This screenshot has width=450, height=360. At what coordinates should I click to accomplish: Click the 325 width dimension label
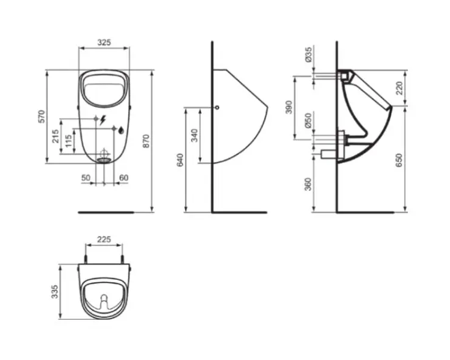pos(104,43)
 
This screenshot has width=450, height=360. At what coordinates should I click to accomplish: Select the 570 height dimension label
pos(42,116)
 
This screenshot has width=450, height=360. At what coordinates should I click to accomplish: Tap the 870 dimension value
pos(146,141)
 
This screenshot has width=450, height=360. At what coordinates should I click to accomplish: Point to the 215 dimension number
pos(55,136)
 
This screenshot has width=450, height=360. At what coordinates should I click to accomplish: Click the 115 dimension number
pos(68,141)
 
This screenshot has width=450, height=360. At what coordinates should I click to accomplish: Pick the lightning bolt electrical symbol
pos(102,120)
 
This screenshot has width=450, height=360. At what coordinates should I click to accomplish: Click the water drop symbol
pos(122,130)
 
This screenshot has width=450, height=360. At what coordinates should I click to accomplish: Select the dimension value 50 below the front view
pos(86,178)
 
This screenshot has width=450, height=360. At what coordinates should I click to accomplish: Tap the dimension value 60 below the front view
pos(123,178)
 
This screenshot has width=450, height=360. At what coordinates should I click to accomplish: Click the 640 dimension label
pos(180,160)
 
